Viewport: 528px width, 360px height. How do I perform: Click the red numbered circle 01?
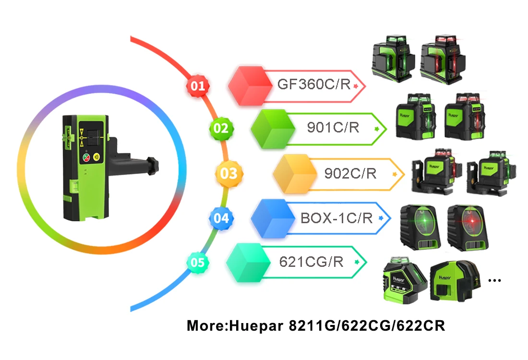tap(197, 86)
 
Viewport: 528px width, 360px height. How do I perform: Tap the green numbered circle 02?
tap(221, 128)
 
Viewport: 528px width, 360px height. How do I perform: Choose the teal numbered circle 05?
tap(197, 263)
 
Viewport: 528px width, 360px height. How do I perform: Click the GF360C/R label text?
tap(314, 85)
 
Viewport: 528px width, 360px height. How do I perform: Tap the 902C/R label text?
tap(350, 173)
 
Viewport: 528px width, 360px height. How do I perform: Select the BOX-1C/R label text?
tap(336, 218)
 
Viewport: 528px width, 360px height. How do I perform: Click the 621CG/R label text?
tap(311, 262)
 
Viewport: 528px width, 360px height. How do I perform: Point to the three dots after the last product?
tap(494, 280)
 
